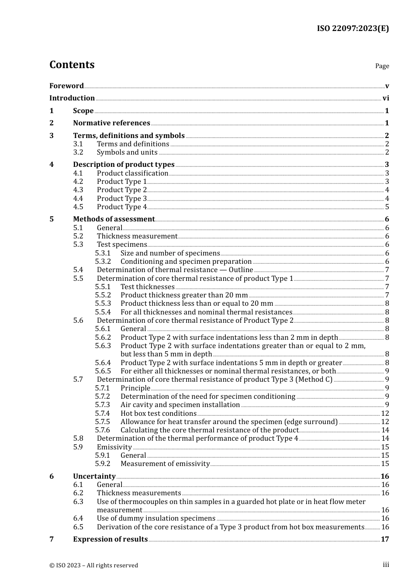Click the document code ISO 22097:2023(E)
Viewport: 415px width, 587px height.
pos(353,28)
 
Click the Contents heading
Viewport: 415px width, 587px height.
pos(72,65)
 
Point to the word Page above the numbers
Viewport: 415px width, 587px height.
pos(382,66)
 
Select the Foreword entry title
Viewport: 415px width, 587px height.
pos(66,86)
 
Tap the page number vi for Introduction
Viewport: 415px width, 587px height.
pos(386,98)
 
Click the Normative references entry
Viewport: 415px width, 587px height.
pos(111,123)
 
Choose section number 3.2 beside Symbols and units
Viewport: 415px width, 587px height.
pos(78,152)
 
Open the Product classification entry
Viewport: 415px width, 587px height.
pos(132,173)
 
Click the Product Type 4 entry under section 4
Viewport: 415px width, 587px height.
pos(121,207)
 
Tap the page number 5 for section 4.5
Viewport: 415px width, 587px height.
pos(387,207)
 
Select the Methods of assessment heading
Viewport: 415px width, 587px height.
pos(114,219)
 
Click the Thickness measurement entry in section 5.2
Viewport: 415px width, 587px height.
pos(137,236)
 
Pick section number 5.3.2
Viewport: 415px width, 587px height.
pos(103,262)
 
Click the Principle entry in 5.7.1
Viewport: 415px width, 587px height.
pos(135,388)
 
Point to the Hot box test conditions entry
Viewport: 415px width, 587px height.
pos(158,414)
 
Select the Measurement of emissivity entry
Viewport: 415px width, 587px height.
pos(165,464)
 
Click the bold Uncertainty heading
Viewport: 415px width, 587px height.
pos(94,477)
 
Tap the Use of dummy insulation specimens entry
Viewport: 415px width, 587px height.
pos(156,518)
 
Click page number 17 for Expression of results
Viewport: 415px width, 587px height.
pos(385,539)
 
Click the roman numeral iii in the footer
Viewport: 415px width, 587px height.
pos(386,565)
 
